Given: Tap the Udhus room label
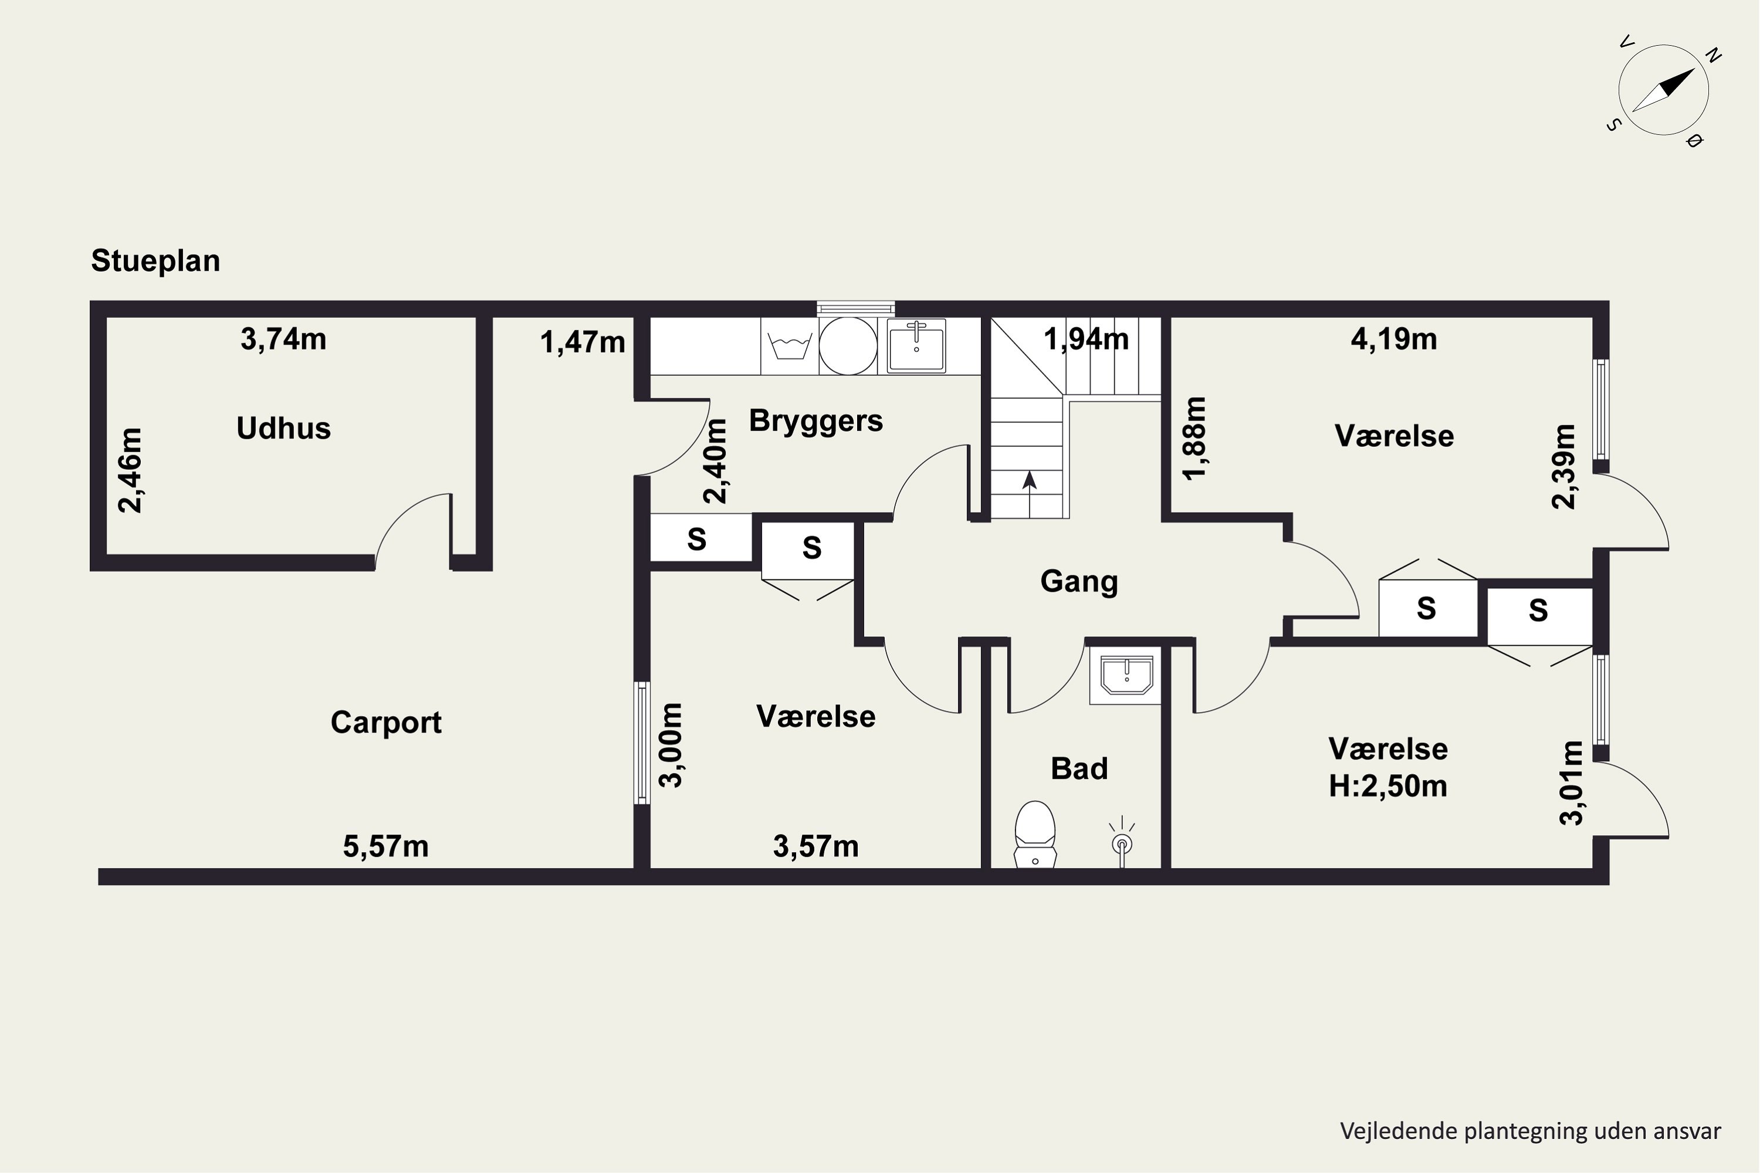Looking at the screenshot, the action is pos(283,429).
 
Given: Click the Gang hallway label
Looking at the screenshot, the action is pos(1079,582).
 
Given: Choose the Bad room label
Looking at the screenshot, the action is pos(1079,769).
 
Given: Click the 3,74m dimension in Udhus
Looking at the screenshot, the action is pos(283,340).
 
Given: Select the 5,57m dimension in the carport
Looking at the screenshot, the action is pos(386,847).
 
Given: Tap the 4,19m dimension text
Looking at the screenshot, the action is pos(1394,340).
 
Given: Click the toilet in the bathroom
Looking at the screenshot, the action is pos(1035,834).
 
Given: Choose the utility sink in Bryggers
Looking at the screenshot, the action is pos(916,345).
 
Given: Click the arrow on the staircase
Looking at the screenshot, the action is pos(1030,494).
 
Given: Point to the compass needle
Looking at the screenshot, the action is pos(1663,90).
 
